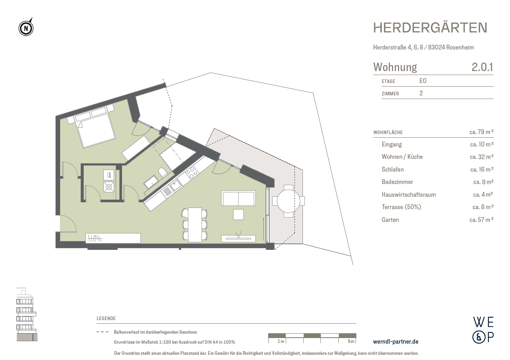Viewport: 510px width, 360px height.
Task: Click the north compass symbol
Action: pos(26,28)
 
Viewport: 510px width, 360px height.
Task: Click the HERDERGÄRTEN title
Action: pos(430,28)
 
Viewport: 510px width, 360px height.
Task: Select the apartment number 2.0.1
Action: pos(482,67)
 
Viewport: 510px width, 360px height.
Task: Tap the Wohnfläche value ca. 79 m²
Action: pos(481,132)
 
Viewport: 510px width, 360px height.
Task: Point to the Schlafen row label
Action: pos(392,169)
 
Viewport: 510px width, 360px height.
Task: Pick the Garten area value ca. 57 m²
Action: pos(481,220)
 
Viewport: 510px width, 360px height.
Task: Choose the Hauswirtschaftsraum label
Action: pos(408,195)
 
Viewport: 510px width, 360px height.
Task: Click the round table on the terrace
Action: pos(289,201)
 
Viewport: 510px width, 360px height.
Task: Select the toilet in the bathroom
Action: pos(163,172)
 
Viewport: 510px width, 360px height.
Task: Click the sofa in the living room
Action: pos(238,198)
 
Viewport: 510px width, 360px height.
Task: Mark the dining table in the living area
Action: pos(195,224)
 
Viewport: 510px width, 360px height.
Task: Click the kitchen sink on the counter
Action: pos(175,185)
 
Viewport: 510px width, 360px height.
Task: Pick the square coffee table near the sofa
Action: pos(238,214)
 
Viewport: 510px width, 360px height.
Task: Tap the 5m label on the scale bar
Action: pos(350,341)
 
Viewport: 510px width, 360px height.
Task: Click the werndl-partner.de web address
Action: pos(395,342)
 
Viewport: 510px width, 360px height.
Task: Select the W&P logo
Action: pos(483,330)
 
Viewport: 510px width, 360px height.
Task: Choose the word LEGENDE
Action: pos(106,318)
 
